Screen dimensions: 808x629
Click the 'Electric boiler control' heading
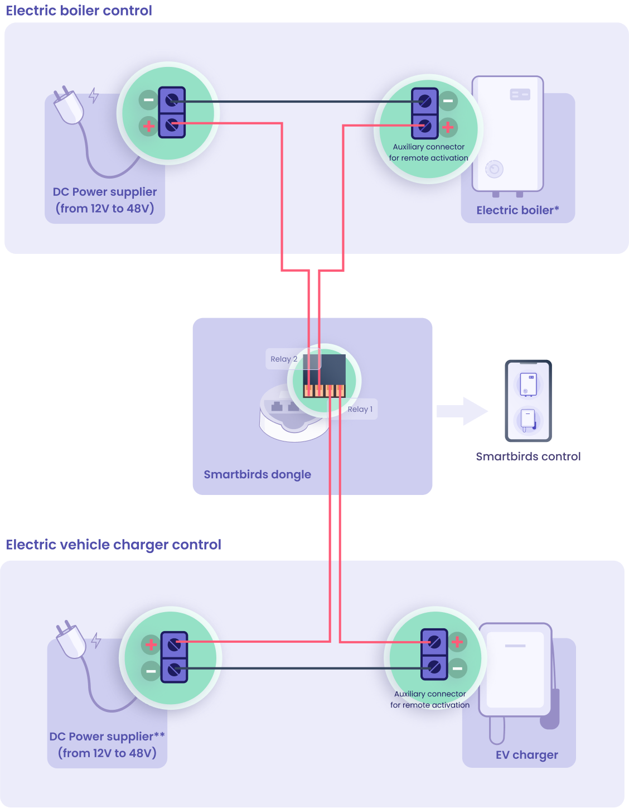click(x=79, y=11)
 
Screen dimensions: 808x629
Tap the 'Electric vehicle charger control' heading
click(x=113, y=545)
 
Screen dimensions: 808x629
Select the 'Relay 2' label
click(x=283, y=359)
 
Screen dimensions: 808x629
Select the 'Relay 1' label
click(x=360, y=409)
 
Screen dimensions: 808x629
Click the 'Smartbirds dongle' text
click(x=257, y=474)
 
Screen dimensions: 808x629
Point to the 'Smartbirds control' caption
click(x=528, y=456)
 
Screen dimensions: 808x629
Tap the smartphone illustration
click(x=528, y=401)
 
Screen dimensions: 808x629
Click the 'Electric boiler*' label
click(x=517, y=210)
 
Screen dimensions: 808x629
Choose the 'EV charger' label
click(x=526, y=755)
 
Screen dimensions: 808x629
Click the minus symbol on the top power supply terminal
click(x=148, y=100)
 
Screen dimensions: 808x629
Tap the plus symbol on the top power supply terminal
click(x=148, y=126)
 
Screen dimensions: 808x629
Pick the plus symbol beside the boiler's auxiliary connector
click(x=448, y=127)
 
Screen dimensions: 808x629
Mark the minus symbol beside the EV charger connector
click(x=457, y=668)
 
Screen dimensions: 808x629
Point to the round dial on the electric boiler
click(x=494, y=169)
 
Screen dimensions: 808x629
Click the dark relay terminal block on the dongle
click(x=325, y=376)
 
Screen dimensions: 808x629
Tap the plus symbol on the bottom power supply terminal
click(x=151, y=645)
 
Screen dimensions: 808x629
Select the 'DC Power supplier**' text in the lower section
click(x=107, y=737)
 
